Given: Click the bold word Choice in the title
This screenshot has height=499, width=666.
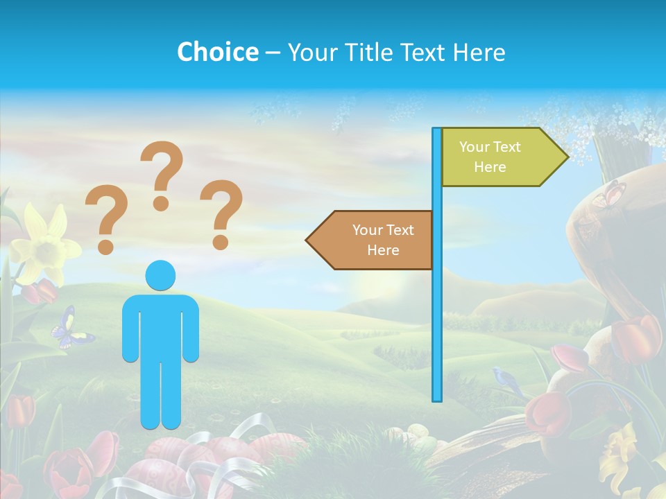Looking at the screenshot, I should point(217,52).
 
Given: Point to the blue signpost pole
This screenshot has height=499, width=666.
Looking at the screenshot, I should point(437,312).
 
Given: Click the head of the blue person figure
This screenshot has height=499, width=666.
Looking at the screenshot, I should point(161,275).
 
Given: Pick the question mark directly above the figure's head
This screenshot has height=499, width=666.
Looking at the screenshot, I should point(162,175).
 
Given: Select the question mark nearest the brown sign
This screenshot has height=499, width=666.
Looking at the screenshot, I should point(222,214).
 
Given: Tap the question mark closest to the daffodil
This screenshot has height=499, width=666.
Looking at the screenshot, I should point(105,219).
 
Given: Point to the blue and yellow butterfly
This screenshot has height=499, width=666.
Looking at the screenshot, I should point(71,329).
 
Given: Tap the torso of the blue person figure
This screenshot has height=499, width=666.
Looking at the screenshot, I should point(161,326).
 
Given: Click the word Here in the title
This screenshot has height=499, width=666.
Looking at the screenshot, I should point(478,52).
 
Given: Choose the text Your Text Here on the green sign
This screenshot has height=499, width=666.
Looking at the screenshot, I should point(490,157).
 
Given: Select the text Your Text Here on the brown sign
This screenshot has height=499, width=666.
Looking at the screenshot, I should point(383,240).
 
